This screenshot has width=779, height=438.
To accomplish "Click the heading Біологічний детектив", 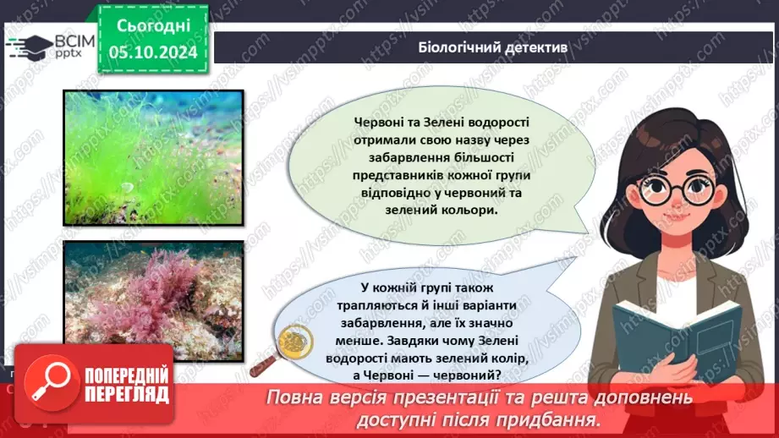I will [x=492, y=48].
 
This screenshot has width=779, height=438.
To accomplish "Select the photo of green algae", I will [x=153, y=158].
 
